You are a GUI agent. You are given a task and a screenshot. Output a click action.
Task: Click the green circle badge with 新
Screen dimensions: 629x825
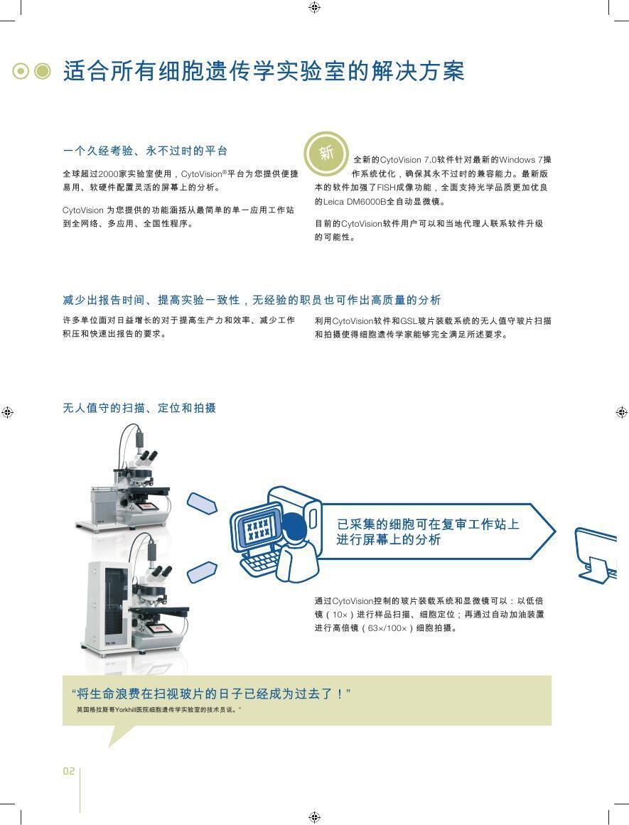326,153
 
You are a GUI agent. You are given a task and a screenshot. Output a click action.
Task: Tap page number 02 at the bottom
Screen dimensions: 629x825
68,771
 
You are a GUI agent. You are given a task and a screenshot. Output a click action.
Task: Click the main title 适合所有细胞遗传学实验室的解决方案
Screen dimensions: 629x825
264,72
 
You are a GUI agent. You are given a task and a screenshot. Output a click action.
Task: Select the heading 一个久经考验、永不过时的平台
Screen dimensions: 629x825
145,151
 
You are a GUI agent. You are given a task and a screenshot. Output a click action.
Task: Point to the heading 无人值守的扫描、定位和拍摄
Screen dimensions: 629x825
139,408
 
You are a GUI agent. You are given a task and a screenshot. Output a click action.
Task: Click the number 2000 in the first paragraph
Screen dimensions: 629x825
109,173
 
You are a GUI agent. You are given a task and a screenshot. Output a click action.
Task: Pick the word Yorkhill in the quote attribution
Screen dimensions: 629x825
125,710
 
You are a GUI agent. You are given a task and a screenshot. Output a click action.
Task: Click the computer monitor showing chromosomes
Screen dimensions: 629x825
258,528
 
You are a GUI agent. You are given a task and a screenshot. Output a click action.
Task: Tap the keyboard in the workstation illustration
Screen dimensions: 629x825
261,564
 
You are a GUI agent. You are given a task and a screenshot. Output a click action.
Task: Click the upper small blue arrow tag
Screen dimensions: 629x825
202,503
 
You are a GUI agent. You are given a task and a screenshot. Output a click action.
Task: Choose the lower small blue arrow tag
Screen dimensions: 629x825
202,572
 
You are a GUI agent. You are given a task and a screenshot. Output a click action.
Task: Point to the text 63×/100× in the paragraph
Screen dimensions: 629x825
387,627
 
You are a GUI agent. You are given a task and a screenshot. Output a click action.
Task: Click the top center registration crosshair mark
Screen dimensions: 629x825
314,7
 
